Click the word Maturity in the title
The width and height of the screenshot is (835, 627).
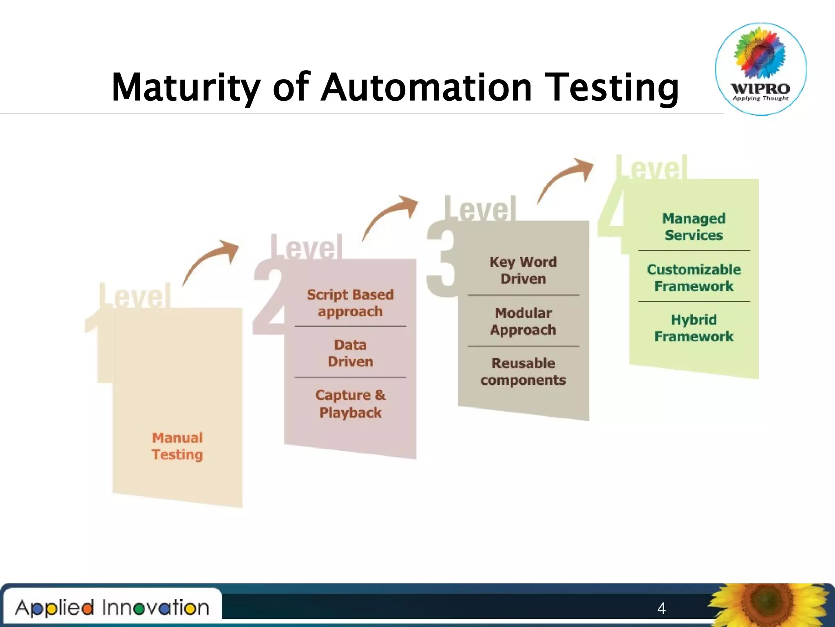click(x=186, y=87)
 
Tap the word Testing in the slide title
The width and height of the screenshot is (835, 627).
click(x=612, y=87)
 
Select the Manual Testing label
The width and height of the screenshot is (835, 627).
click(x=177, y=446)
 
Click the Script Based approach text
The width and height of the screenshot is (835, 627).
click(x=350, y=303)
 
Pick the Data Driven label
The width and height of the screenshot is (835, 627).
click(x=350, y=353)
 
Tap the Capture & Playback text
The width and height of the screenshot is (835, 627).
click(x=350, y=404)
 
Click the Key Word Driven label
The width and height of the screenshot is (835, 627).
click(x=523, y=270)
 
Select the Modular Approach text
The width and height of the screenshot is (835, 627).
click(x=523, y=321)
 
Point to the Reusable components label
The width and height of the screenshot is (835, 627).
click(x=523, y=371)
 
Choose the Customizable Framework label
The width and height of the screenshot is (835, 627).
click(x=694, y=278)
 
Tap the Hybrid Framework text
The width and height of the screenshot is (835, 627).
click(x=694, y=328)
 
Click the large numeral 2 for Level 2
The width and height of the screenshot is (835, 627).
click(x=269, y=298)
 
